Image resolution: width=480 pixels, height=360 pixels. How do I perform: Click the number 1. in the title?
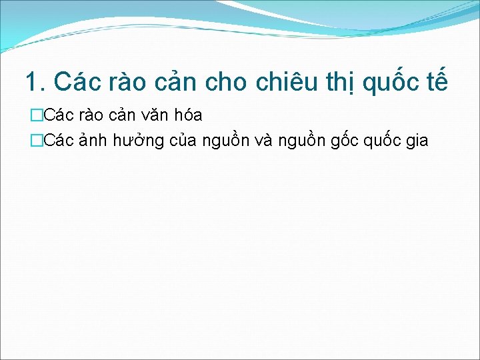tap(35, 82)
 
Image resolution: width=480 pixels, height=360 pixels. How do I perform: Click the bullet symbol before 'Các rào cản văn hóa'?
tap(35, 115)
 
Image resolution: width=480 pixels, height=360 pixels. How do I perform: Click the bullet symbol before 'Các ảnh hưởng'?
tap(35, 141)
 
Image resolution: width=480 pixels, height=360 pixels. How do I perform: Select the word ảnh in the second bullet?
tap(86, 141)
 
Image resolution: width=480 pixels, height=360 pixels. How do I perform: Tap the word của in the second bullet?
tap(179, 141)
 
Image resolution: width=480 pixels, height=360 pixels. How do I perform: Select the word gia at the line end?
tap(414, 142)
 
